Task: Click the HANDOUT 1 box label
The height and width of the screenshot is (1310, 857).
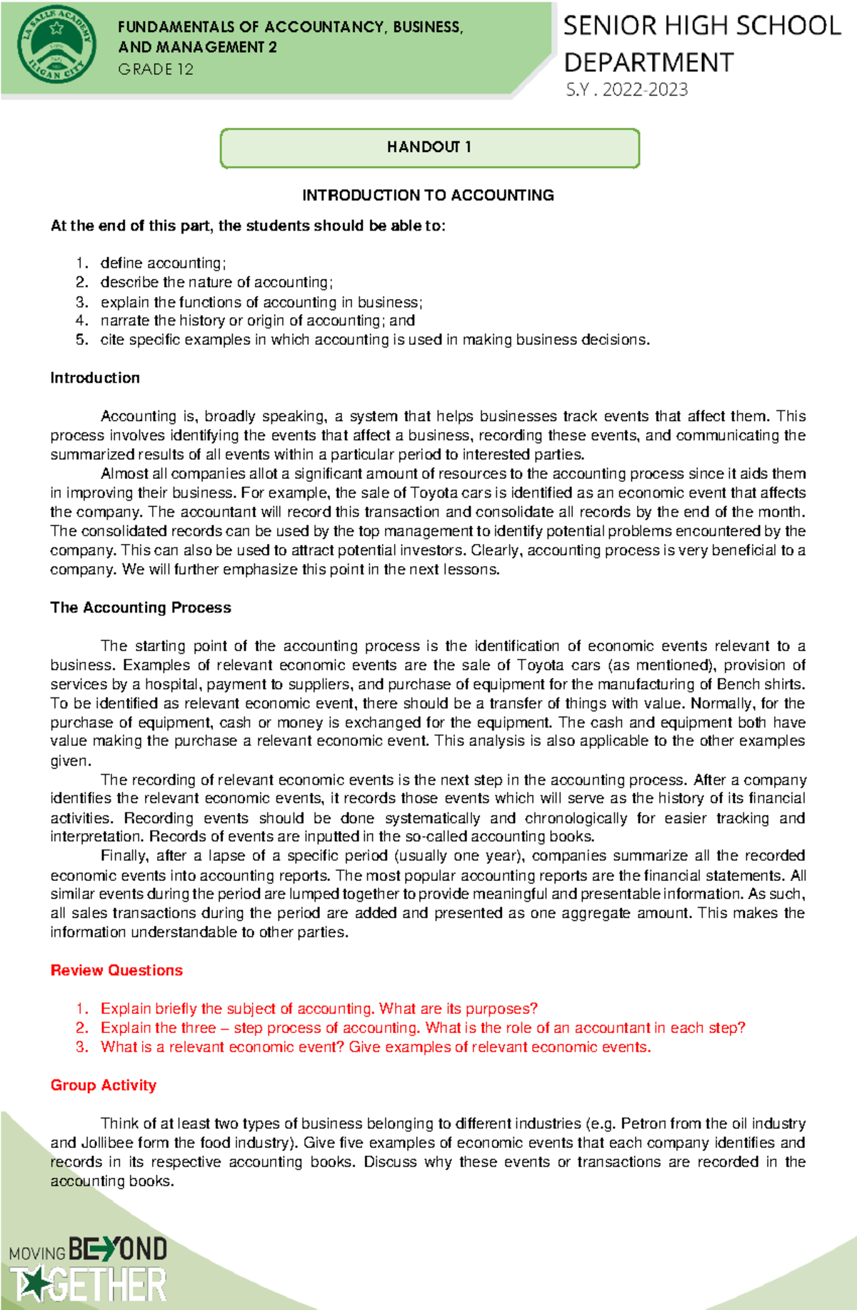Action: click(428, 147)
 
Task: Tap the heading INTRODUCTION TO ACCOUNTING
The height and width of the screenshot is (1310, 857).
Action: click(428, 195)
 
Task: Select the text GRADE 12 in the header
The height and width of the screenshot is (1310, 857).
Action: click(156, 69)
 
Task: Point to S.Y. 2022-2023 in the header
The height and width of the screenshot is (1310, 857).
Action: click(626, 90)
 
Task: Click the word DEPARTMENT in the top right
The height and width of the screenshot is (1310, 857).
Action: click(648, 63)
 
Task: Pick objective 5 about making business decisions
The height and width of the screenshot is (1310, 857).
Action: click(374, 340)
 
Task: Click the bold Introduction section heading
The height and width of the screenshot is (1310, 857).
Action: click(95, 378)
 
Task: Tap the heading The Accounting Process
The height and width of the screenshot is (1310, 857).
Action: click(141, 608)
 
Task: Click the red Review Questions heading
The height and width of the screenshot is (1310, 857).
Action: click(116, 970)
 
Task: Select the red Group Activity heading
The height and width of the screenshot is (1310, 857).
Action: click(104, 1085)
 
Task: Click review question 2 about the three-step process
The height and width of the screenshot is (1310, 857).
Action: click(422, 1028)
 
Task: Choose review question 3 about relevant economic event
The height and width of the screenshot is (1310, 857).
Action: click(375, 1047)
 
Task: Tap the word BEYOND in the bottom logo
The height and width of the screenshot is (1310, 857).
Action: click(118, 1249)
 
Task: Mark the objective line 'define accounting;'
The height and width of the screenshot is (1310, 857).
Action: click(163, 263)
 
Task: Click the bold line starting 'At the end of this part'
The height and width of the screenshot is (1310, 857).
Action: click(248, 226)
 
